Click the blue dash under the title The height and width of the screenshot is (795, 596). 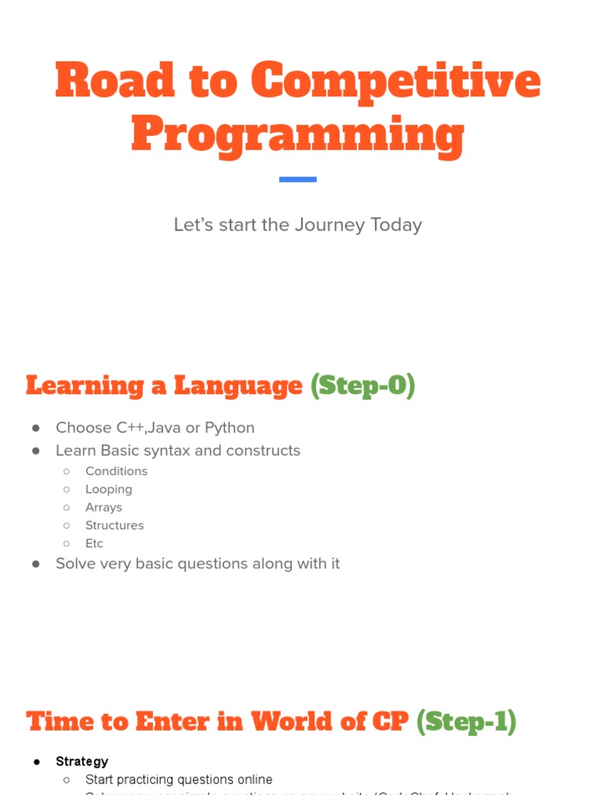coord(298,179)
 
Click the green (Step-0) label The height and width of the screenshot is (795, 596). coord(362,385)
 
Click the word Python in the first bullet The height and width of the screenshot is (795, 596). coord(230,428)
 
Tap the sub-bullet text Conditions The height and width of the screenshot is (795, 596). coord(116,471)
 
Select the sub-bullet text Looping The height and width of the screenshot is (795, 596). coord(109,489)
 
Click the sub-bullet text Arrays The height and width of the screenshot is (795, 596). coord(103,507)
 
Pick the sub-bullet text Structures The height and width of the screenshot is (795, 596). coord(114,526)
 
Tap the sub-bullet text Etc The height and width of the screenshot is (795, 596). coord(94,543)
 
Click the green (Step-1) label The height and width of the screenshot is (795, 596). coord(466,722)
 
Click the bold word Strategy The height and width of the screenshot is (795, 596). coord(81,762)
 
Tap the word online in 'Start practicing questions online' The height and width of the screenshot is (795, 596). coord(253,779)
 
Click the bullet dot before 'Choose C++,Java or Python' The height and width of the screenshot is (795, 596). coord(36,429)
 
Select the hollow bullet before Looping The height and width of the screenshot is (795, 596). coord(67,489)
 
